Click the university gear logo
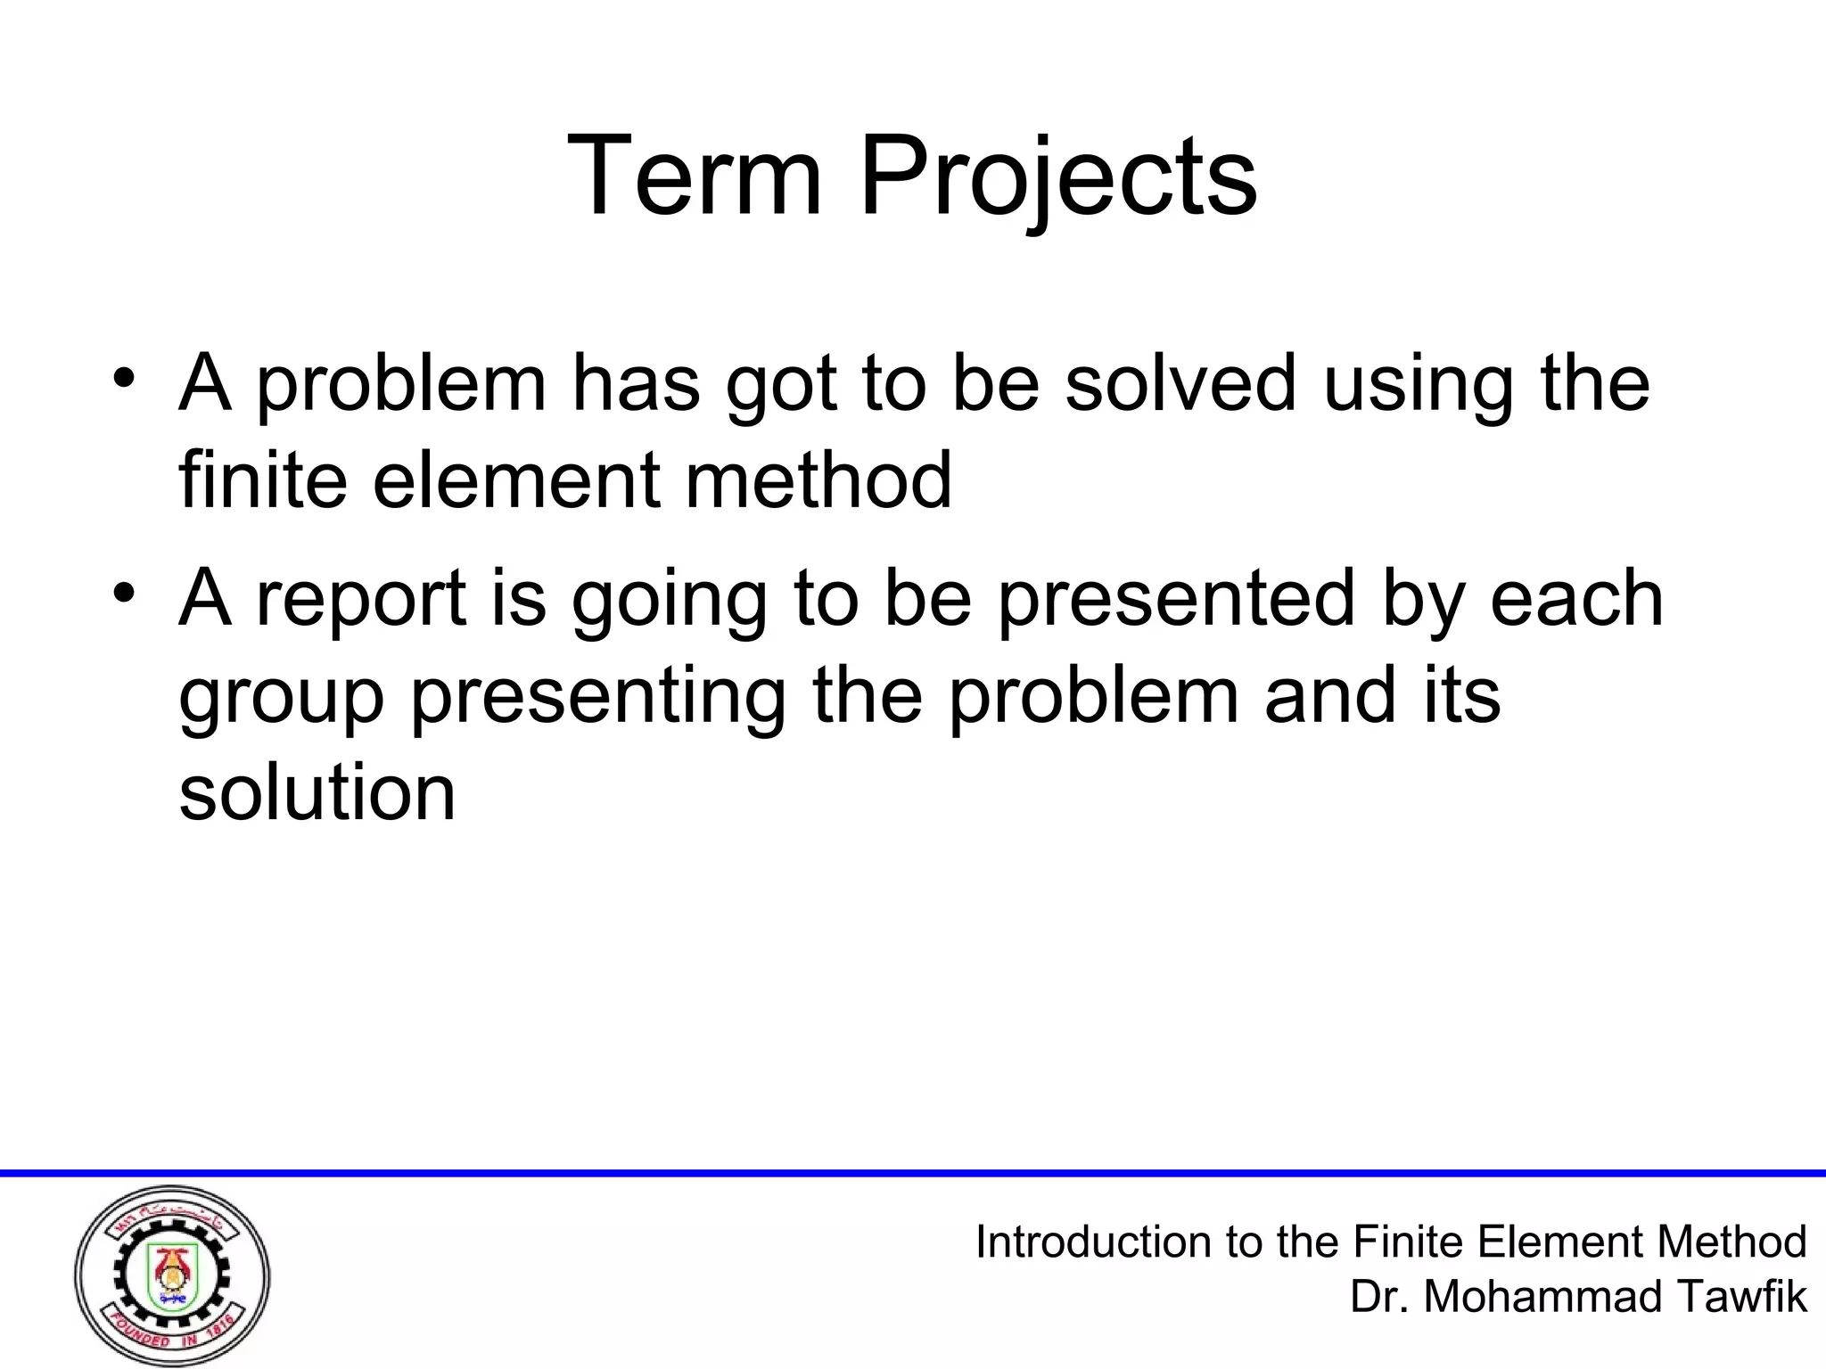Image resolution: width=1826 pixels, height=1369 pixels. (172, 1276)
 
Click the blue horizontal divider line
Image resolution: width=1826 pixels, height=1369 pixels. (913, 1173)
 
